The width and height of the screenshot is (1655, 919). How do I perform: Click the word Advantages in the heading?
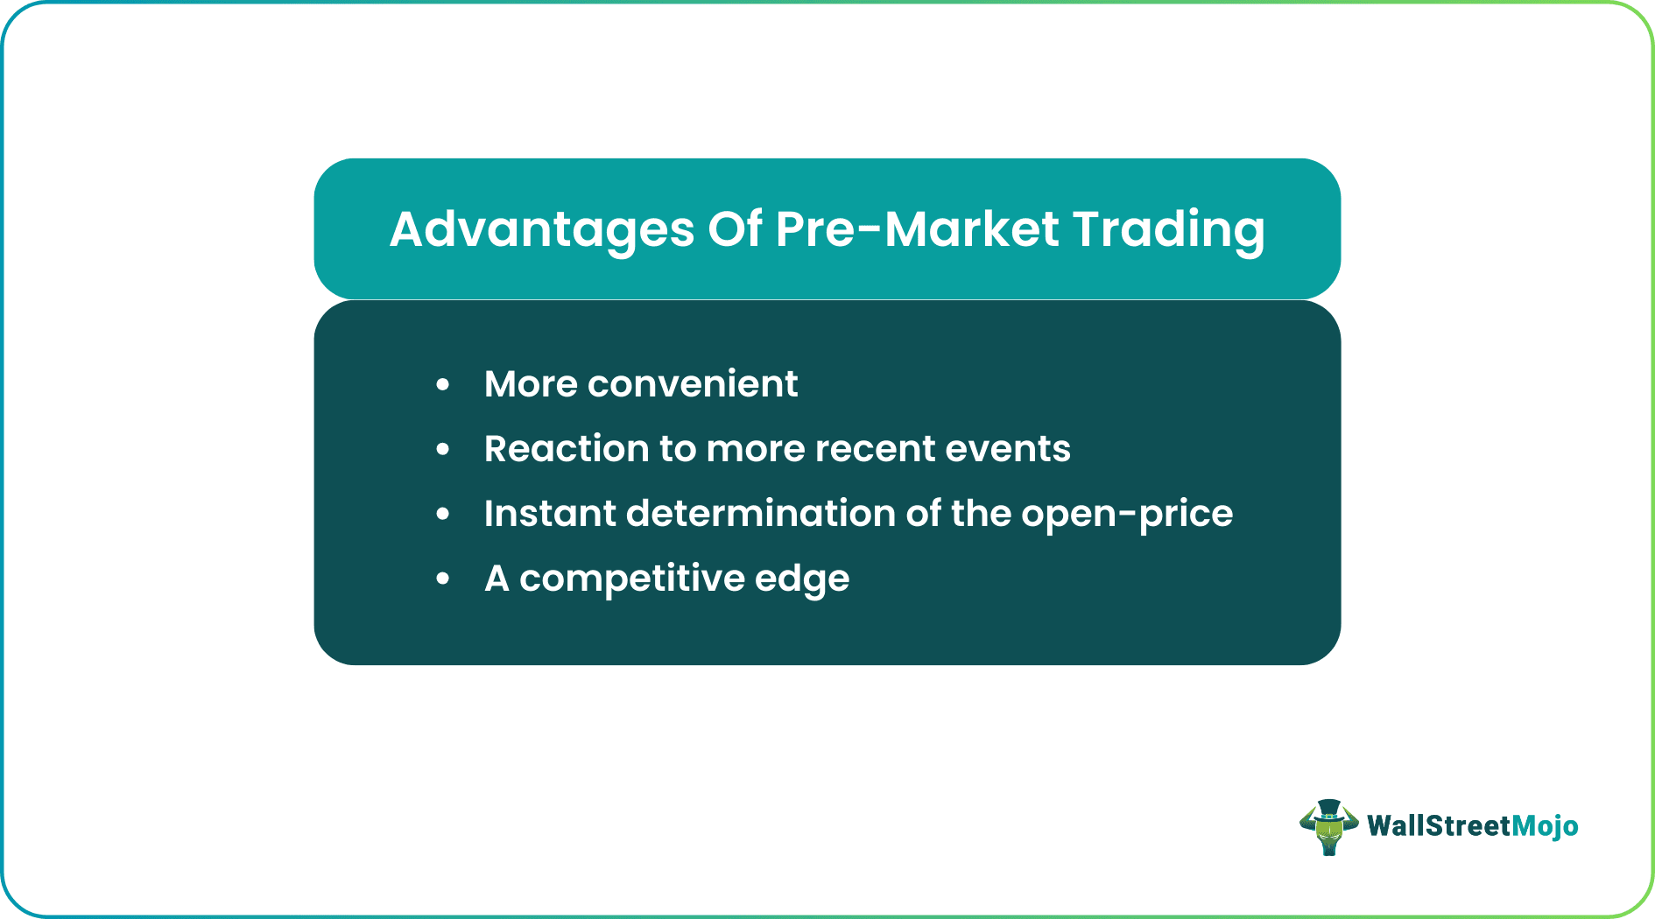(x=541, y=229)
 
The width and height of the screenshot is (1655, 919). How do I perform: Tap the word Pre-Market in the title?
(x=917, y=229)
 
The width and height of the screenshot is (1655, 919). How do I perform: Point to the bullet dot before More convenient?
(x=443, y=384)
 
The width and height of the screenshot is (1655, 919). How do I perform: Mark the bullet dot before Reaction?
(x=443, y=449)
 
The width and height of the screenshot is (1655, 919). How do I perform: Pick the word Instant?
(x=549, y=514)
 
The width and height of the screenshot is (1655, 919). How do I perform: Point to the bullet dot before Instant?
(x=443, y=514)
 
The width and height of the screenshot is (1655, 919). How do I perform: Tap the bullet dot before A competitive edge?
(x=443, y=579)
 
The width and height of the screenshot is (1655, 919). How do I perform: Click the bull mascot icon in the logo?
(x=1328, y=830)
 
